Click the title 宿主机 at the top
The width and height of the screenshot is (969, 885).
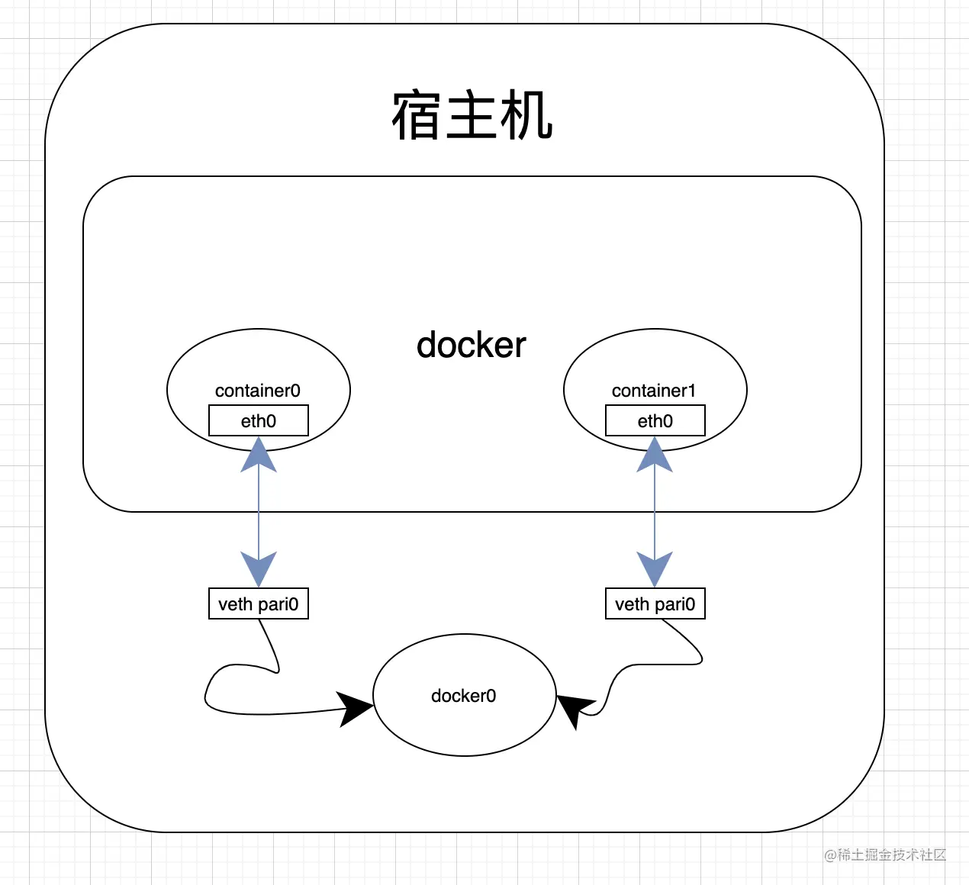coord(472,115)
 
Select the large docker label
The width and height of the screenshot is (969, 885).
coord(471,345)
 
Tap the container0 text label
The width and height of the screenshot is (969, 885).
coord(257,391)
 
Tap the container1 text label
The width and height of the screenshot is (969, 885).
coord(654,391)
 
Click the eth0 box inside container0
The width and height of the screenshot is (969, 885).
coord(259,420)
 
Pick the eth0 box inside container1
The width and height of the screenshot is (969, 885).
coord(655,420)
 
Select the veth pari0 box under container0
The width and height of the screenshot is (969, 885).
coord(259,603)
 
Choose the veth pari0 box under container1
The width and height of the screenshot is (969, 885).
coord(655,603)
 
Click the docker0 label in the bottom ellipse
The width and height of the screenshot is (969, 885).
coord(463,696)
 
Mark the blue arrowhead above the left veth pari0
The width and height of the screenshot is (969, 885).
coord(259,569)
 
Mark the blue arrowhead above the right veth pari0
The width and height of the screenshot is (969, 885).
coord(655,569)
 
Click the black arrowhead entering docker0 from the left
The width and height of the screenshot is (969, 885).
coord(354,709)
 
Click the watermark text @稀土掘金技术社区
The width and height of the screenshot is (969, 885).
coord(885,854)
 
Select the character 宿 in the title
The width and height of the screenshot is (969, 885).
coord(416,115)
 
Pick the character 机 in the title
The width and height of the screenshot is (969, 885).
coord(526,115)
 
